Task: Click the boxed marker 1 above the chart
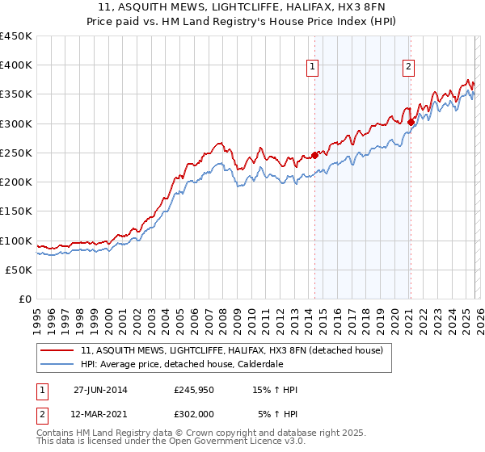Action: [x=311, y=67]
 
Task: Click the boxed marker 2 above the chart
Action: [x=409, y=67]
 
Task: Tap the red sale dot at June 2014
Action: [x=314, y=155]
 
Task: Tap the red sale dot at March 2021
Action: [x=411, y=123]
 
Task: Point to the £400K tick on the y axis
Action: [x=16, y=65]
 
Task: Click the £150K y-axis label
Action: [x=16, y=211]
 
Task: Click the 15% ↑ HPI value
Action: [x=276, y=390]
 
